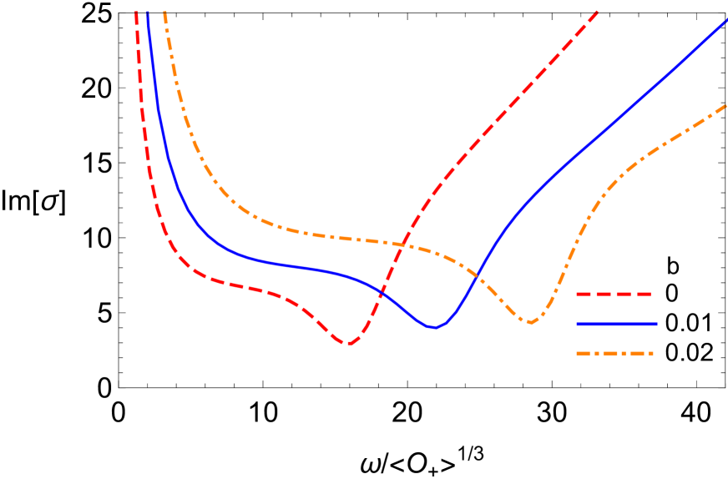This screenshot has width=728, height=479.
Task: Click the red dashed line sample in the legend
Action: click(614, 294)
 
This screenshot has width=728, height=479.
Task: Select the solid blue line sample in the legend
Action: click(616, 324)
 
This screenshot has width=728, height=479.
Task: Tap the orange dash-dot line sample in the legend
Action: click(614, 353)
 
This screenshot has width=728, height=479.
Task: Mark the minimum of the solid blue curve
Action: click(434, 327)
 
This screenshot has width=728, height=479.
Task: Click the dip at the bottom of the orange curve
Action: click(531, 322)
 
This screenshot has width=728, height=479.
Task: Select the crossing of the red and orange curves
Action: click(403, 244)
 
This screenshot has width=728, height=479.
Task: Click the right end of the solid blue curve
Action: click(726, 20)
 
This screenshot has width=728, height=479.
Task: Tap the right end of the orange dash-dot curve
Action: click(726, 105)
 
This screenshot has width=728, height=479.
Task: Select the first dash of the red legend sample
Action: click(584, 294)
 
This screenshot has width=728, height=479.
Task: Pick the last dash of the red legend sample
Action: click(644, 294)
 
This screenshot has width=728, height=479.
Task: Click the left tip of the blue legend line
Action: click(577, 324)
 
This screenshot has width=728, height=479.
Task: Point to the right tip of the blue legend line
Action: click(656, 324)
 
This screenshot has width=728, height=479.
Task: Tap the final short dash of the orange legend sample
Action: click(648, 353)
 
